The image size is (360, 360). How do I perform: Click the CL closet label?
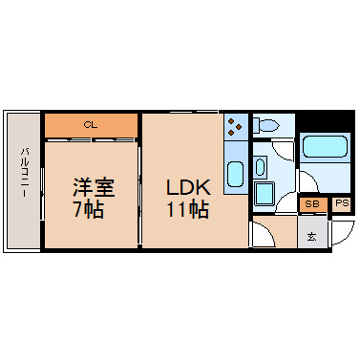pyautogui.click(x=90, y=125)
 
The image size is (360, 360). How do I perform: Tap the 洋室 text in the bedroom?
pyautogui.click(x=94, y=187)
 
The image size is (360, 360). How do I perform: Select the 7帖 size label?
pyautogui.click(x=89, y=209)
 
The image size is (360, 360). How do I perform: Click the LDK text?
pyautogui.click(x=188, y=187)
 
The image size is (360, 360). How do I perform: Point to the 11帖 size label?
pyautogui.click(x=188, y=209)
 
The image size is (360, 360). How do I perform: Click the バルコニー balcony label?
pyautogui.click(x=25, y=172)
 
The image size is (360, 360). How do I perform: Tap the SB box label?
pyautogui.click(x=312, y=204)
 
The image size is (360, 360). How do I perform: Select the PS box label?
pyautogui.click(x=342, y=203)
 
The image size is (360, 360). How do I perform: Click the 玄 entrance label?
pyautogui.click(x=311, y=237)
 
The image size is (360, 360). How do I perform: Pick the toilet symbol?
pyautogui.click(x=265, y=125)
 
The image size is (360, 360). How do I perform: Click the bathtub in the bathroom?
pyautogui.click(x=325, y=146)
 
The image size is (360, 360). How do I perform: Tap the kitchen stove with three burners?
pyautogui.click(x=236, y=126)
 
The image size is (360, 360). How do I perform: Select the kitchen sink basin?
pyautogui.click(x=236, y=174)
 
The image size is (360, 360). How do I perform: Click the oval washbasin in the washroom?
pyautogui.click(x=260, y=166)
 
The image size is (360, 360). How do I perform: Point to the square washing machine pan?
pyautogui.click(x=265, y=193)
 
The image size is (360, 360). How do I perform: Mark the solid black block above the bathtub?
pyautogui.click(x=325, y=121)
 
